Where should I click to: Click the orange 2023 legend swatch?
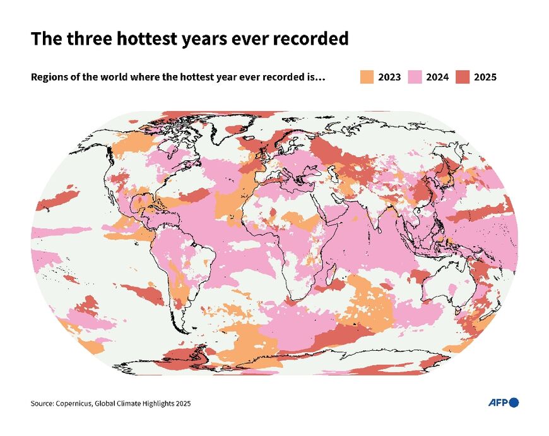(367, 77)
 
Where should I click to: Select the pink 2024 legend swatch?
(415, 77)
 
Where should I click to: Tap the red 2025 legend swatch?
(463, 77)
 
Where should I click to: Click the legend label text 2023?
(389, 77)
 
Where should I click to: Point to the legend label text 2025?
(485, 77)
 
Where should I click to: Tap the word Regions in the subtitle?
(49, 77)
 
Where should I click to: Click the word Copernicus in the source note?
(74, 403)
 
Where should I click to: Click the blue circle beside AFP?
(514, 403)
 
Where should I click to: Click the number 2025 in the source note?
(182, 403)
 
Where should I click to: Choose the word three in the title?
(82, 39)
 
